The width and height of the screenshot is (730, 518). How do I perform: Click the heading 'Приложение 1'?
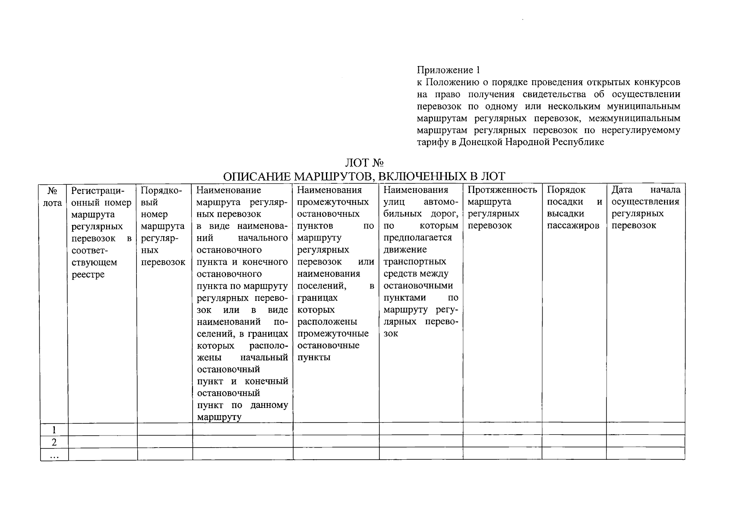point(448,70)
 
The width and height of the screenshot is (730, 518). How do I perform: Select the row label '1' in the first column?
point(54,430)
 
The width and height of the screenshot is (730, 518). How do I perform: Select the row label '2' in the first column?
point(54,442)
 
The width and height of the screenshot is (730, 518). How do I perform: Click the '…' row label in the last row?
point(54,455)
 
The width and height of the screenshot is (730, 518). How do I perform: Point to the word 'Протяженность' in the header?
point(502,190)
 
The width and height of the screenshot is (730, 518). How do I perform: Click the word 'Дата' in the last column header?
point(622,190)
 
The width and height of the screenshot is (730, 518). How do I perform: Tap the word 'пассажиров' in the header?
point(573,226)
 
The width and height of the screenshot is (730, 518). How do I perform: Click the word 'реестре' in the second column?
point(88,275)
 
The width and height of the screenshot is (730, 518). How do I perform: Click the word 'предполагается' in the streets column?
point(417,238)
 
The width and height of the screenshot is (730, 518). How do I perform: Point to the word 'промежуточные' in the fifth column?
point(333,334)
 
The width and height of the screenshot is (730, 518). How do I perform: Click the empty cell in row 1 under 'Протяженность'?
point(502,429)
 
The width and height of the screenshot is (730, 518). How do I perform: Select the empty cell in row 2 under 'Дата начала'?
point(645,441)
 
